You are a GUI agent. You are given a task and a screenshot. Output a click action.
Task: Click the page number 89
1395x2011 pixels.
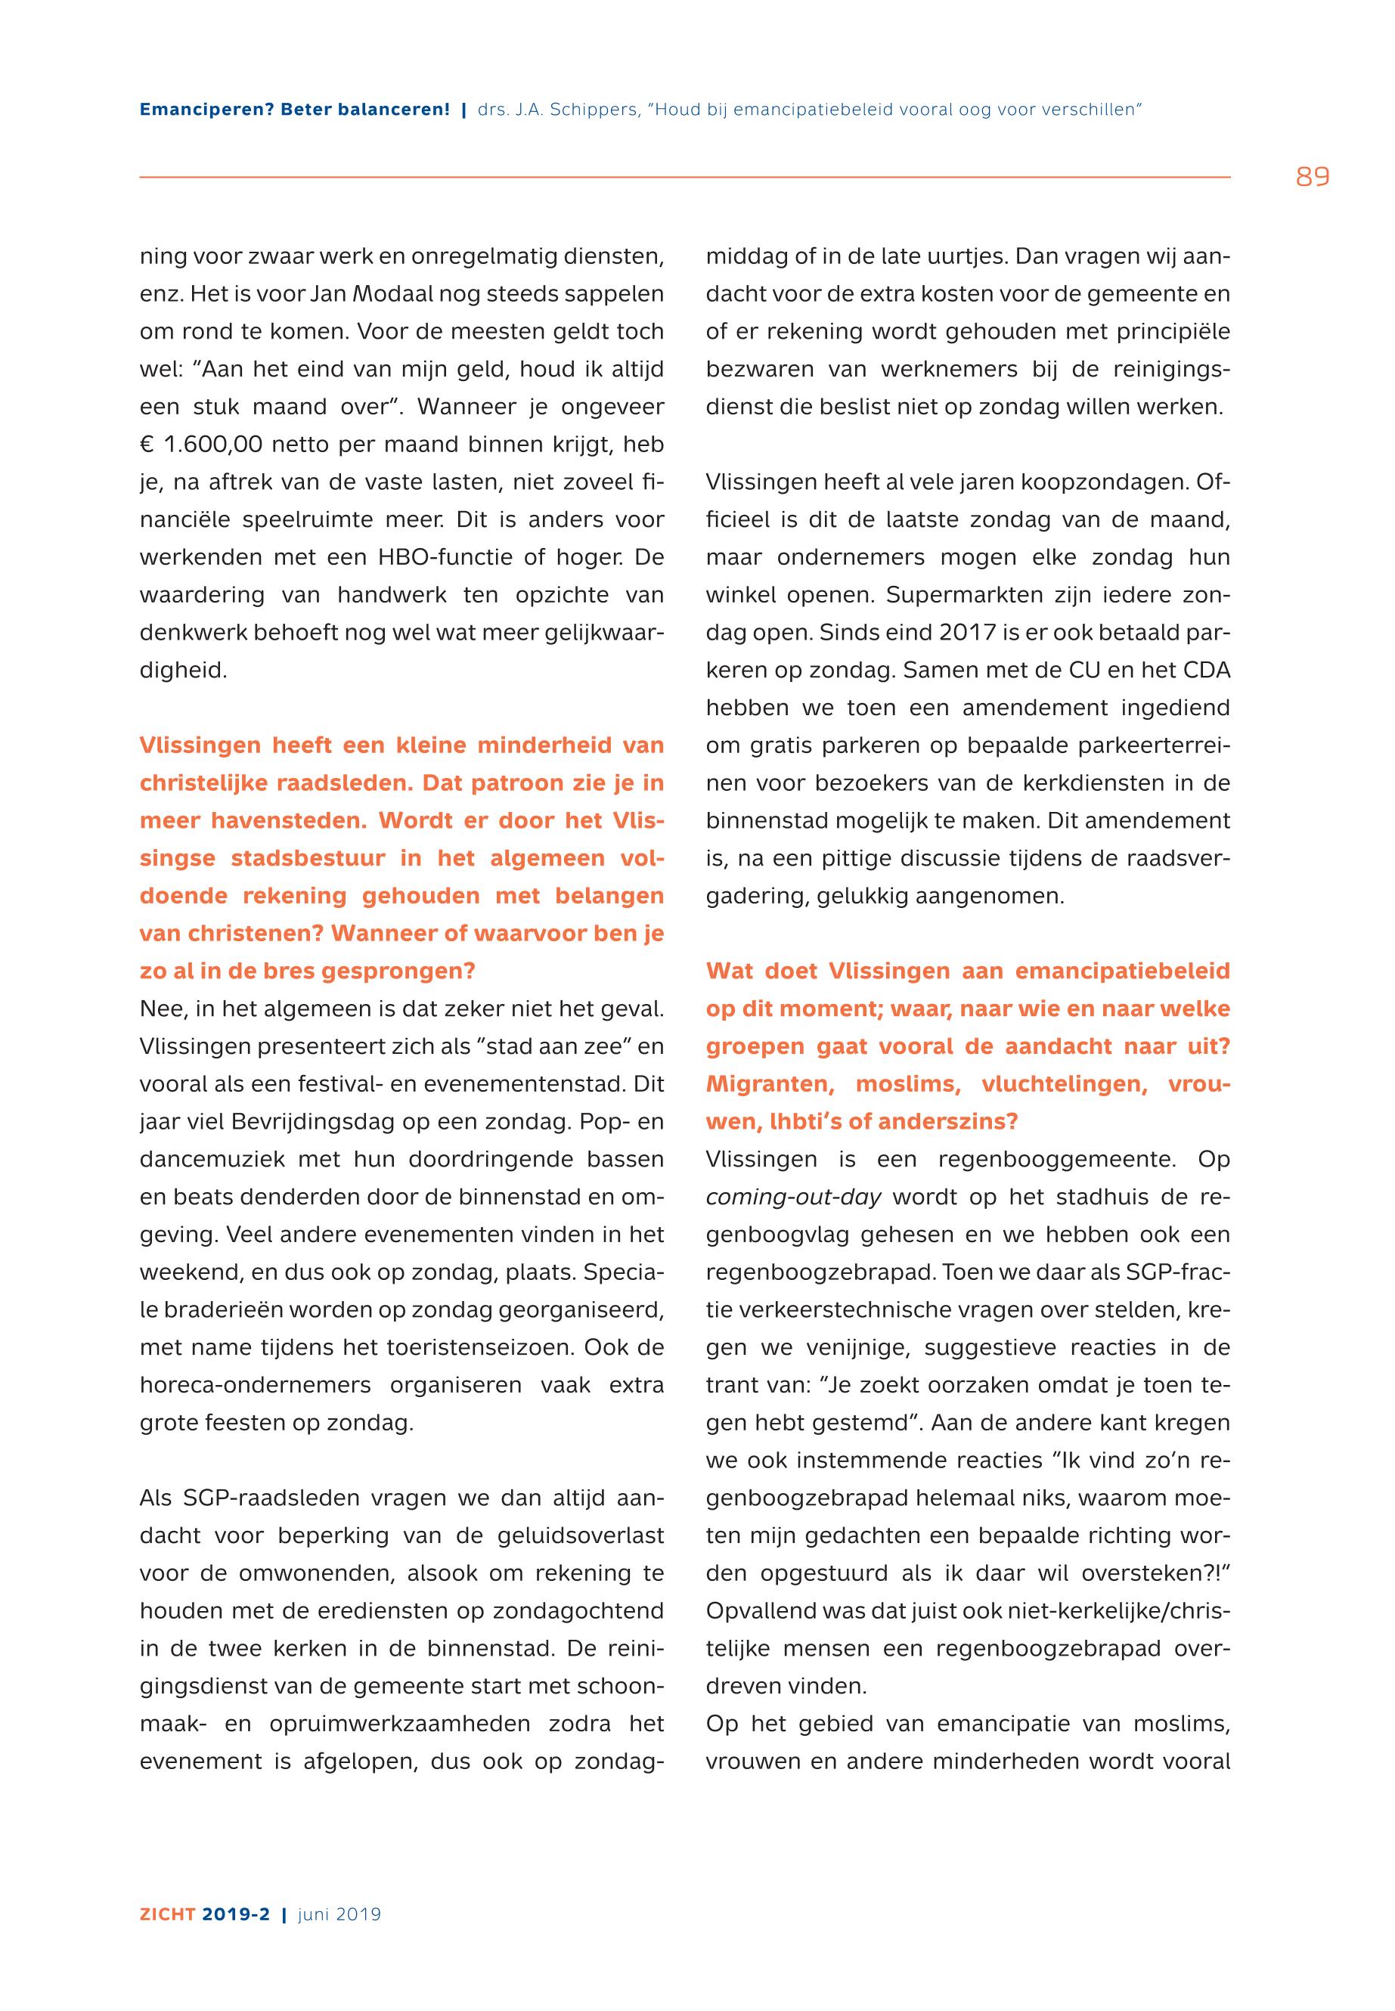1312,178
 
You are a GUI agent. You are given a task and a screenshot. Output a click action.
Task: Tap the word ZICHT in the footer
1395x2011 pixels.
168,1914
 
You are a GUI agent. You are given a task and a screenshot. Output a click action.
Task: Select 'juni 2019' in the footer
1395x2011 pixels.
339,1914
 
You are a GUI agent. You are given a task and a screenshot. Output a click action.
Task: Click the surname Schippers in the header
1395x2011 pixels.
594,110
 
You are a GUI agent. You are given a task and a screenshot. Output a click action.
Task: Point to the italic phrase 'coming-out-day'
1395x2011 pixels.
793,1197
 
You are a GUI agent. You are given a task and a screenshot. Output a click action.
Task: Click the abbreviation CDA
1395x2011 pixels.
1206,670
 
